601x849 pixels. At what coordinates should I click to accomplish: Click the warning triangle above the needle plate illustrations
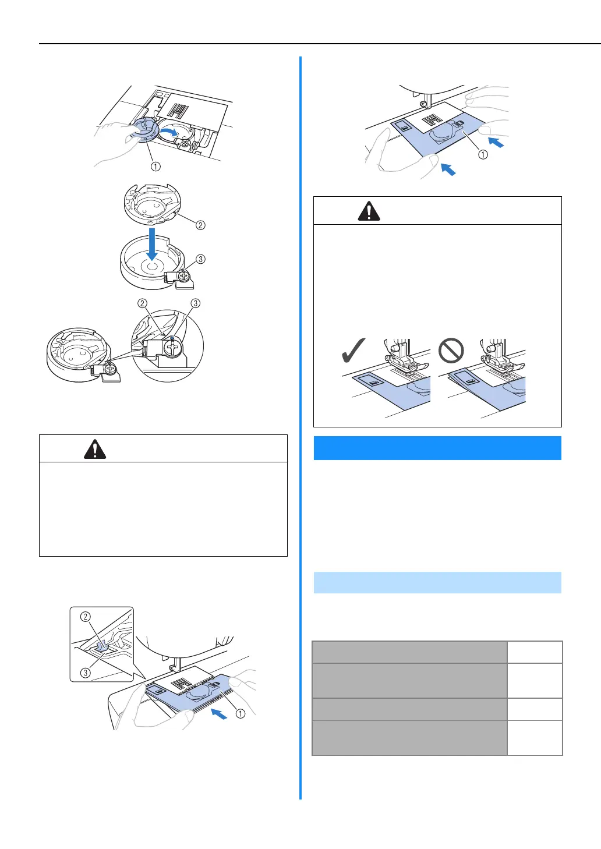(369, 211)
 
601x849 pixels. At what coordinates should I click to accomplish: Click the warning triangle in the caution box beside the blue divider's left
(95, 448)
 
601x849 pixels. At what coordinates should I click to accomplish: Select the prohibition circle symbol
(451, 351)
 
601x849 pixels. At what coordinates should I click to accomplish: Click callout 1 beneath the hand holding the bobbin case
(155, 167)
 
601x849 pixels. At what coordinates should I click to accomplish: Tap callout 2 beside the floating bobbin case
(200, 225)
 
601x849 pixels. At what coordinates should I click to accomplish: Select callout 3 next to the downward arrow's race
(200, 259)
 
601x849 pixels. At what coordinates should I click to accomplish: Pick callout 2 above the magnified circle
(143, 303)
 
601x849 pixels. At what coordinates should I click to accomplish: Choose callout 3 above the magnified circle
(196, 303)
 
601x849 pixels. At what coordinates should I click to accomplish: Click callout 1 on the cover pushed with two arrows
(483, 154)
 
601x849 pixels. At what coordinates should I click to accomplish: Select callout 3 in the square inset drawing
(86, 673)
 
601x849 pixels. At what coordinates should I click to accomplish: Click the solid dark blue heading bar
(437, 448)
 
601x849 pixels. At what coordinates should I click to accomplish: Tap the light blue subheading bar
(437, 582)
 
